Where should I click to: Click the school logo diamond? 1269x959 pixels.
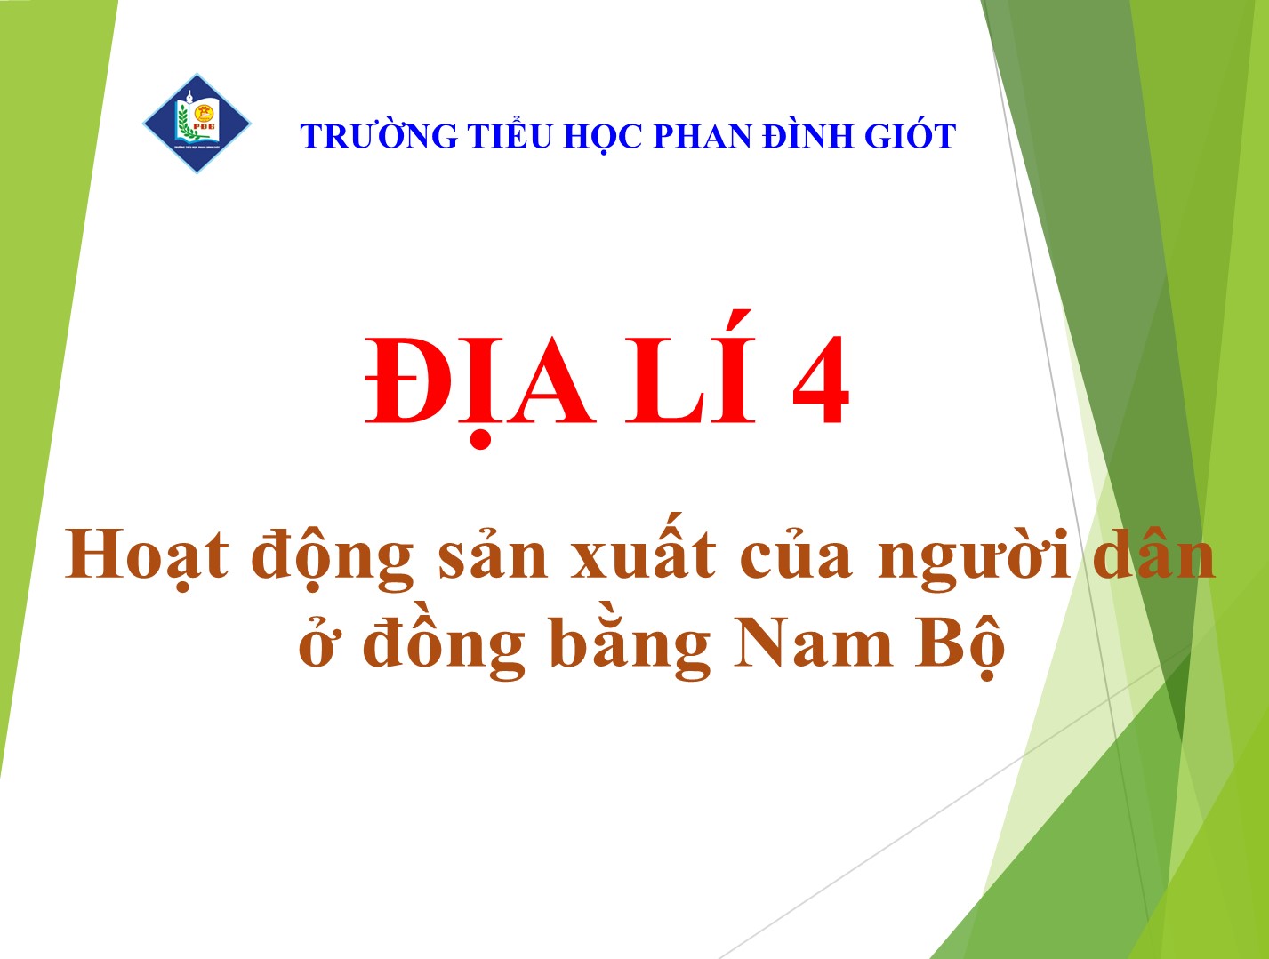coord(197,123)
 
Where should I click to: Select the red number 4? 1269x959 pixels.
coord(821,380)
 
